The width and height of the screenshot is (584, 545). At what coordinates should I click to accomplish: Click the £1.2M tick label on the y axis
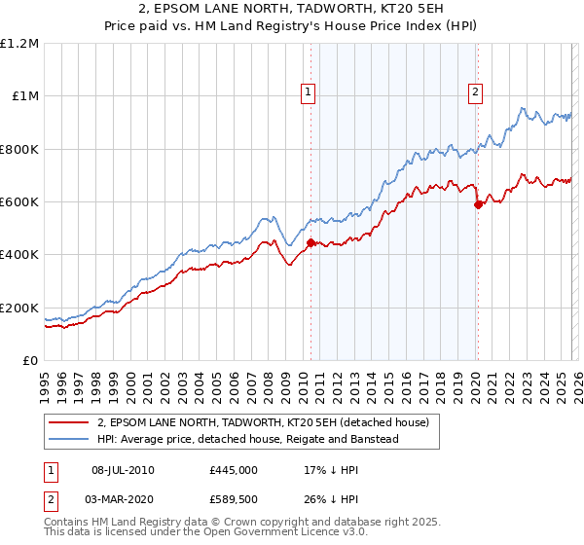19,44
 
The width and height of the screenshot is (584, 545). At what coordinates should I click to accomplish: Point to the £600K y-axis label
18,202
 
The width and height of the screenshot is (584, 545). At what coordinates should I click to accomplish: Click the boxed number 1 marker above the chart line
309,92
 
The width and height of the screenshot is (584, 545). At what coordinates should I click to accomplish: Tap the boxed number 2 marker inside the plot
476,92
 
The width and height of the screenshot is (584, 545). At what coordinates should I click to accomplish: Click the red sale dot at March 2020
478,204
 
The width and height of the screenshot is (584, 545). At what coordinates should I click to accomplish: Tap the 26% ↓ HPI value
331,499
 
